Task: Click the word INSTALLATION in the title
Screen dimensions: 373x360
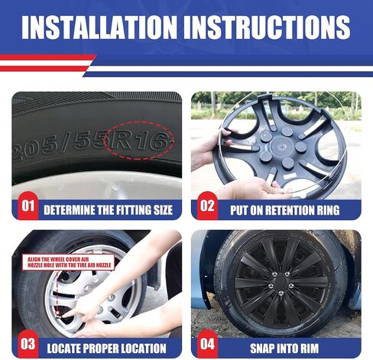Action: coord(99,28)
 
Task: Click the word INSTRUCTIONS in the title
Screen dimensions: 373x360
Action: coord(267,28)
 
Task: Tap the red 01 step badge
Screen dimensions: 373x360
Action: coord(28,206)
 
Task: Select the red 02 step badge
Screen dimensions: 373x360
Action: coord(207,206)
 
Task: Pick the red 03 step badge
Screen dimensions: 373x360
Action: coord(28,344)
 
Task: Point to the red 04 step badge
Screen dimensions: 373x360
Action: coord(207,344)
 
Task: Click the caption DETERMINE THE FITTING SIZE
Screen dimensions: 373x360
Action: coord(108,210)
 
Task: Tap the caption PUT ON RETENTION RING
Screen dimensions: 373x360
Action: coord(285,210)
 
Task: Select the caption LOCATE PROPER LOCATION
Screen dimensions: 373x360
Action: coord(106,349)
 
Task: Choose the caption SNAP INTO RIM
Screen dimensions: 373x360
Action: coord(284,349)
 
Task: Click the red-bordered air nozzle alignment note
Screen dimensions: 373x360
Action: coord(69,262)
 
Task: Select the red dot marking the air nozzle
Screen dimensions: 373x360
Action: coord(58,313)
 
